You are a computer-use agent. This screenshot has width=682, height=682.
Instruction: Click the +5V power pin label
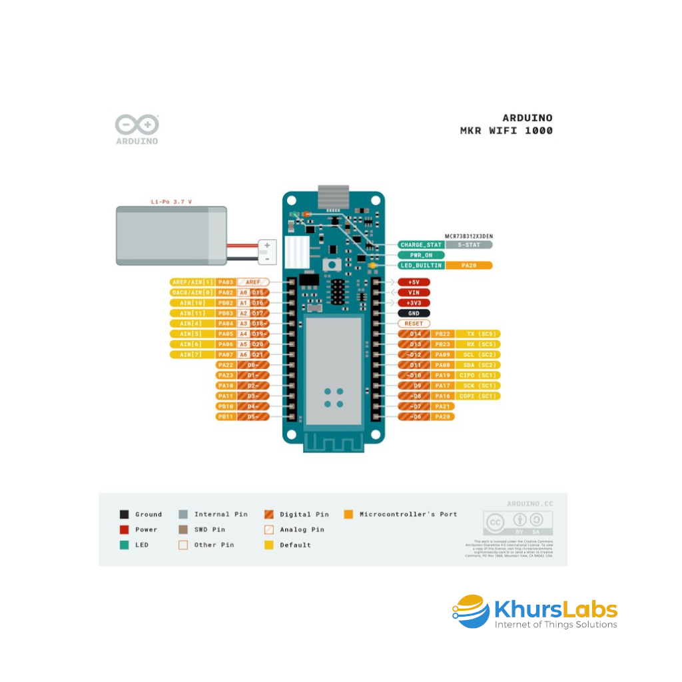point(414,282)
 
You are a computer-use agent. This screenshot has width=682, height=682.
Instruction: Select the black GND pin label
point(414,313)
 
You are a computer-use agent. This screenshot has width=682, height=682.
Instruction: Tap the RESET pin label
point(414,324)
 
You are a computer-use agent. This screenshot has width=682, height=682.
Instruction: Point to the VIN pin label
point(414,292)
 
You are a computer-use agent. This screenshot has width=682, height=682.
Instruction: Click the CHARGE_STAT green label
point(421,244)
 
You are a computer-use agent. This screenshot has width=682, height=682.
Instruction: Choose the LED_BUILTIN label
point(421,265)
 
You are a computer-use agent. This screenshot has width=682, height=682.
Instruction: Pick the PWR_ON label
point(421,255)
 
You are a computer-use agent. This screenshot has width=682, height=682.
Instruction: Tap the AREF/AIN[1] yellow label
point(192,282)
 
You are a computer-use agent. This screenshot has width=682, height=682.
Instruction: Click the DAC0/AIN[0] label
point(192,292)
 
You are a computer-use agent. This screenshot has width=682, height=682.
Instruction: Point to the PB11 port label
point(225,417)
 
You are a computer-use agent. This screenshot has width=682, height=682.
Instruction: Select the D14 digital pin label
point(414,334)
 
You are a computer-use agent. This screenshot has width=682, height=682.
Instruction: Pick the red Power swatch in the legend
point(125,529)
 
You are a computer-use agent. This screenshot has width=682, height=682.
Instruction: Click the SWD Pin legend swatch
point(183,529)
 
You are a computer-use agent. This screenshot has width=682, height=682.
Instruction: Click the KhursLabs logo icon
point(471,611)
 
